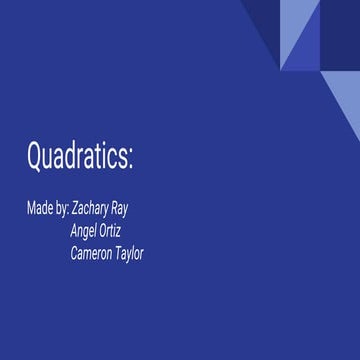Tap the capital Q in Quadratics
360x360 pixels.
click(x=36, y=156)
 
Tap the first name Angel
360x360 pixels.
click(x=85, y=231)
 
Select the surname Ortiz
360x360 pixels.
click(x=112, y=231)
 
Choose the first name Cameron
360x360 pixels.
click(x=91, y=253)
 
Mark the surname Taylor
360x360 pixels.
click(x=130, y=254)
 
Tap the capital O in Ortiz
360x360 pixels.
click(x=103, y=231)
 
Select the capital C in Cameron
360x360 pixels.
click(x=74, y=253)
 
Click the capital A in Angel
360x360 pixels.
click(x=73, y=231)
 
